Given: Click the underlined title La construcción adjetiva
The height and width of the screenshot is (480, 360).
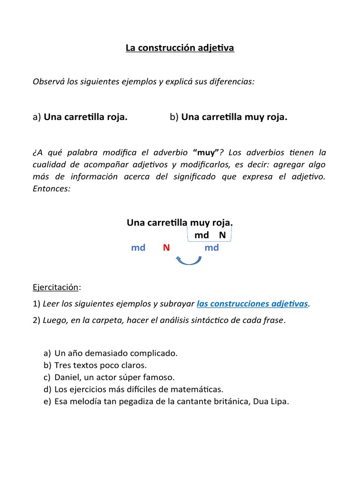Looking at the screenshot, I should pyautogui.click(x=180, y=48).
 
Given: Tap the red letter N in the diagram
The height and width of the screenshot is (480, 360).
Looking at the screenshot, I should pyautogui.click(x=166, y=247).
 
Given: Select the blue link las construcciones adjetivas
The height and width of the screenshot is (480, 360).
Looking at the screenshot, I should pyautogui.click(x=252, y=304).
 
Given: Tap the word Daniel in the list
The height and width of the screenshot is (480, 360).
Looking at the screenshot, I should pyautogui.click(x=67, y=377).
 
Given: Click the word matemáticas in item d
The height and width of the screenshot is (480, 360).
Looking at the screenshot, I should pyautogui.click(x=198, y=389).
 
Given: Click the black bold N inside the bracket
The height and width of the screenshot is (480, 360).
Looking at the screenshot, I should pyautogui.click(x=222, y=235).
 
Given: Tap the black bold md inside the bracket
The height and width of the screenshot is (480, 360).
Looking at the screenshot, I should pyautogui.click(x=202, y=235).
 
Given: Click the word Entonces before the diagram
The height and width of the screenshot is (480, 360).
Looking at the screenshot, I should pyautogui.click(x=51, y=189).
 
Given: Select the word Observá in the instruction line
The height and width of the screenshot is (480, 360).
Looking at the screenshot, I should pyautogui.click(x=48, y=82).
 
